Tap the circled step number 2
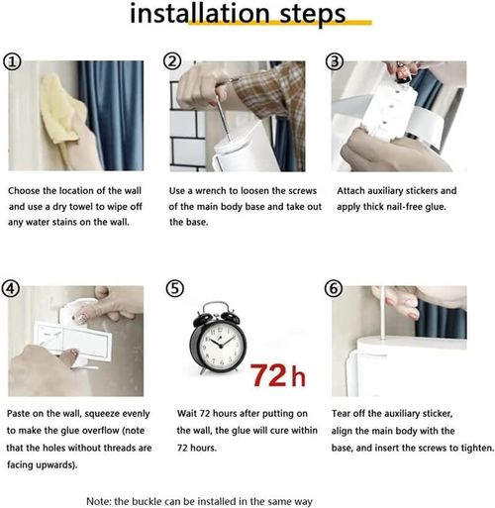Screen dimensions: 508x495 (x=173, y=61)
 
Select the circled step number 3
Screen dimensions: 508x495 (x=335, y=61)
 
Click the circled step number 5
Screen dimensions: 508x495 (x=173, y=288)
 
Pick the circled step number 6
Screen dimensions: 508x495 (x=335, y=288)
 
